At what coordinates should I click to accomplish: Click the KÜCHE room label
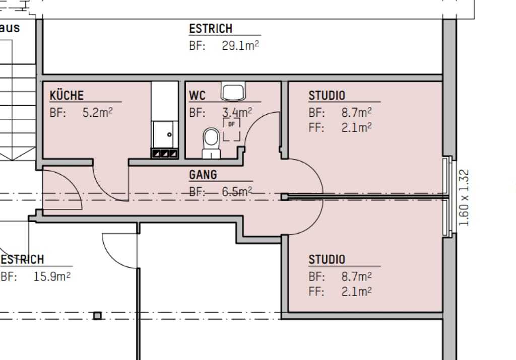(67, 96)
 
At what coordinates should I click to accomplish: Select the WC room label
(198, 96)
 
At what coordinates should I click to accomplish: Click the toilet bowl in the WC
(211, 141)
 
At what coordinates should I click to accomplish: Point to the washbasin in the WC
(233, 92)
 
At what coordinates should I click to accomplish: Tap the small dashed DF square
(231, 129)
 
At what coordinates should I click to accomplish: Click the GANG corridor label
(203, 175)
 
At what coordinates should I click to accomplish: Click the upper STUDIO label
(327, 96)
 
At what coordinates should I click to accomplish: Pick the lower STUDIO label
(327, 260)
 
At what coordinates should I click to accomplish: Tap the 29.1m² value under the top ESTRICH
(240, 46)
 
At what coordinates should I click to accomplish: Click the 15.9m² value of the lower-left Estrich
(51, 276)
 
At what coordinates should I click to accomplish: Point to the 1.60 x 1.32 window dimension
(465, 197)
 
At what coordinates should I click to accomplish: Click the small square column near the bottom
(97, 316)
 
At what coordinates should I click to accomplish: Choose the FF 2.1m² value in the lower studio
(356, 292)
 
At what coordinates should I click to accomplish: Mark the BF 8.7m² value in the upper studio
(356, 112)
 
